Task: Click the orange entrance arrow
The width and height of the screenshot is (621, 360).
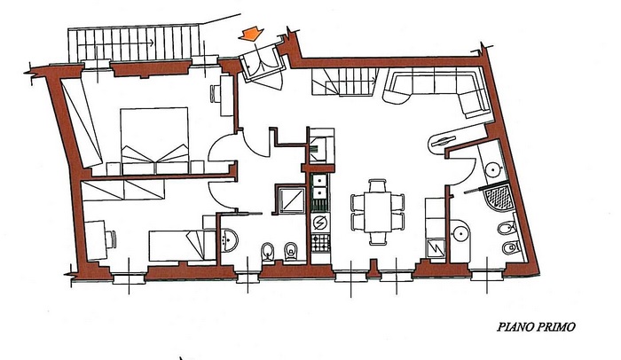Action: pyautogui.click(x=251, y=34)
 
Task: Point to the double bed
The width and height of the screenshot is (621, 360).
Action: pyautogui.click(x=154, y=141)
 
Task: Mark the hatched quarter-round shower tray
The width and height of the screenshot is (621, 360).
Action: pyautogui.click(x=499, y=198)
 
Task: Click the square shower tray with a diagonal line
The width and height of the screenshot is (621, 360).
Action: pyautogui.click(x=292, y=200)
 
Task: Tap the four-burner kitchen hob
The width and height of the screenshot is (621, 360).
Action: pyautogui.click(x=320, y=242)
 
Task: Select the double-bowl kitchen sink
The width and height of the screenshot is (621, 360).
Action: pyautogui.click(x=319, y=187)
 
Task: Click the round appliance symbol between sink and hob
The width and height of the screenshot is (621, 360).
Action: pyautogui.click(x=320, y=223)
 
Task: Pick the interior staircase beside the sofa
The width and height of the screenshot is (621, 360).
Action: pyautogui.click(x=345, y=82)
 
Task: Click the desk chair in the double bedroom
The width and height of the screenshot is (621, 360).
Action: pyautogui.click(x=215, y=94)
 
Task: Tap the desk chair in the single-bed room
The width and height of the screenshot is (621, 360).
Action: pyautogui.click(x=111, y=239)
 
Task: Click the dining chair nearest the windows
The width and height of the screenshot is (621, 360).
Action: pyautogui.click(x=378, y=238)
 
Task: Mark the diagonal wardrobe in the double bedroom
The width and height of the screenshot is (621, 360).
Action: pyautogui.click(x=83, y=122)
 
